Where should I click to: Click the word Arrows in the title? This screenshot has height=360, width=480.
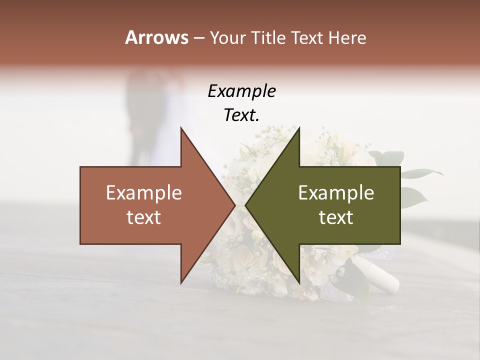[x=157, y=37]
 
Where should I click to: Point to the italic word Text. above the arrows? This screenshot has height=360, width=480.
[x=241, y=115]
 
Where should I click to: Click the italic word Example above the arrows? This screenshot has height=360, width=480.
[x=241, y=91]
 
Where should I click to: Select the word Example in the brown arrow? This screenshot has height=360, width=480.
[x=144, y=193]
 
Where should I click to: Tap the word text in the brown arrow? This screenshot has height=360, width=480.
[x=144, y=217]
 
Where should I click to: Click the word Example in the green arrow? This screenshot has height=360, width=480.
[x=336, y=193]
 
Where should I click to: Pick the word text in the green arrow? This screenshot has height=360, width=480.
[x=336, y=217]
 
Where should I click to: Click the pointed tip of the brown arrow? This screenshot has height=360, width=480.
[x=235, y=205]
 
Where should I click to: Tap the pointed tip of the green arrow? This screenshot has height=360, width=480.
[x=245, y=205]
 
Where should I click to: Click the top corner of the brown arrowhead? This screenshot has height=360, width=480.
[x=181, y=128]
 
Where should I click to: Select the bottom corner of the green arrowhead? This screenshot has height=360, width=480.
[x=299, y=282]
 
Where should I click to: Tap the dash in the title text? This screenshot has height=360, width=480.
[x=198, y=38]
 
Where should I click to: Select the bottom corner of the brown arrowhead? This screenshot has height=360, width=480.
[x=181, y=282]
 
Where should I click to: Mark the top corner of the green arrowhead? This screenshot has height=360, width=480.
[x=299, y=128]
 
